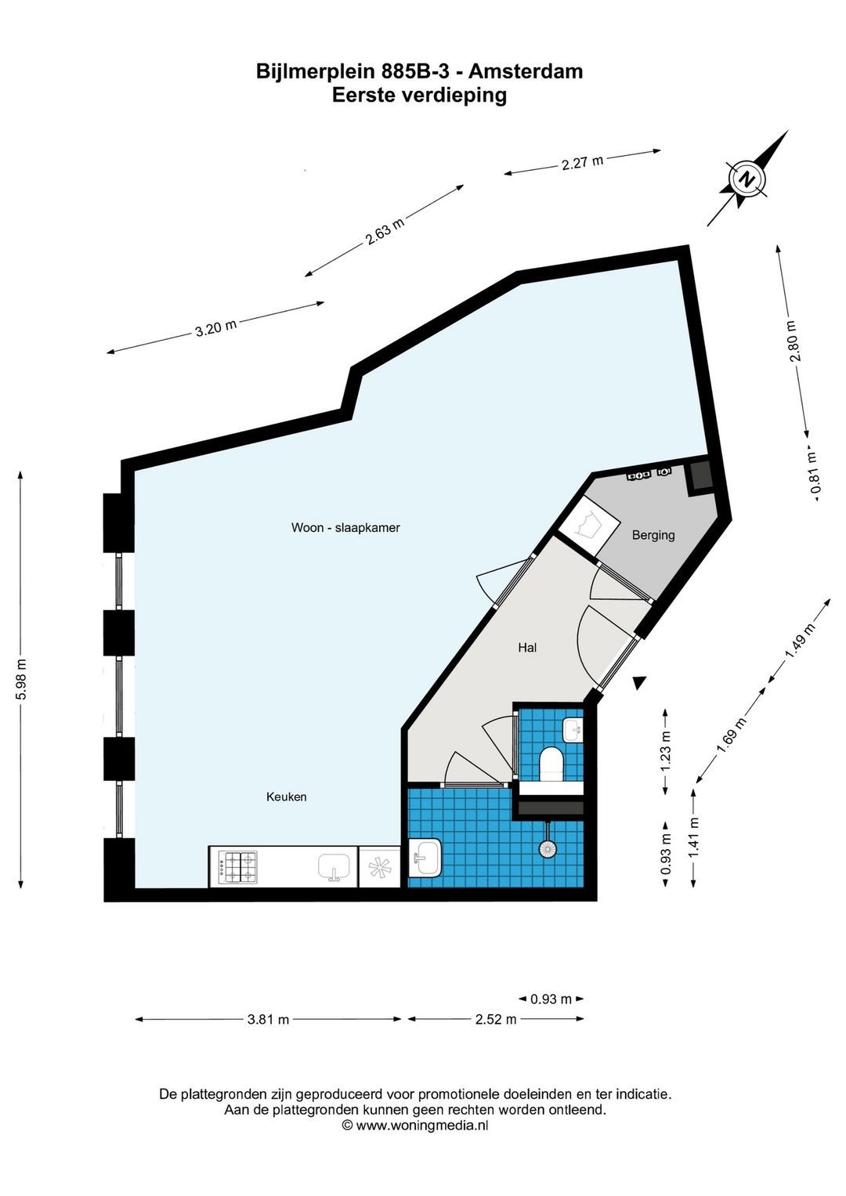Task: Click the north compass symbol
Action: [x=747, y=179]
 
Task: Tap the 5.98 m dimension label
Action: [x=21, y=678]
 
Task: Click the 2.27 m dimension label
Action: [x=582, y=162]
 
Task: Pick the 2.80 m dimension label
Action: [x=794, y=341]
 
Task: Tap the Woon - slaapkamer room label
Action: [x=345, y=528]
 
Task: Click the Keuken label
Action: [x=286, y=797]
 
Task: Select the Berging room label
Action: [x=653, y=534]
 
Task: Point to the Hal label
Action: [x=527, y=648]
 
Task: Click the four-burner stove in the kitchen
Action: [x=237, y=867]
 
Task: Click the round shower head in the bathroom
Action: [x=548, y=848]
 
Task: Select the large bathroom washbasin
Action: [x=425, y=858]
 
